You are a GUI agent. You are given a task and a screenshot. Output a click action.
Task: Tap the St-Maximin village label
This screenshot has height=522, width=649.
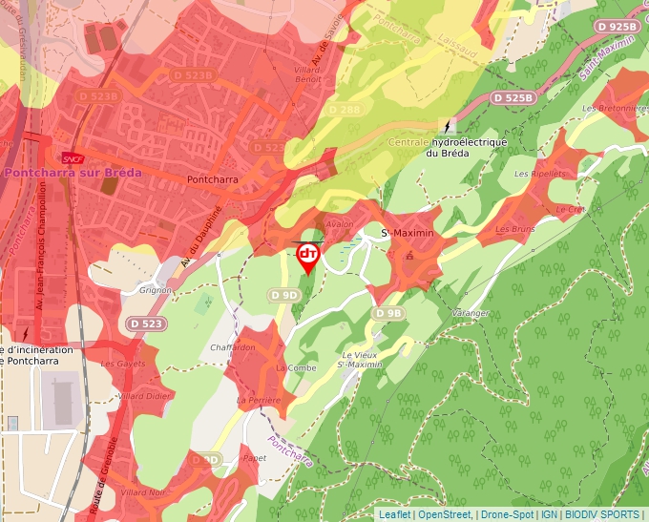(408, 234)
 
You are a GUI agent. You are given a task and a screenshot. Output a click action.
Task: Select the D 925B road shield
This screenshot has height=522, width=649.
(616, 27)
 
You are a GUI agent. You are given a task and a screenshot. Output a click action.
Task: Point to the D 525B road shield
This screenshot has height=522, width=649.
(513, 98)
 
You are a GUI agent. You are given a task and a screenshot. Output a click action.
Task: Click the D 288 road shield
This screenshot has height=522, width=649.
(345, 111)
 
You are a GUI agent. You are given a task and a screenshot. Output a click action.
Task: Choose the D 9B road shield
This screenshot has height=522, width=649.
(389, 313)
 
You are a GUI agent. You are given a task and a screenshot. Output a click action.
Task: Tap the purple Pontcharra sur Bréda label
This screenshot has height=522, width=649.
(73, 173)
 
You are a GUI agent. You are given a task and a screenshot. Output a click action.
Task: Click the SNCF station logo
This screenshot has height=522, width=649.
(71, 159)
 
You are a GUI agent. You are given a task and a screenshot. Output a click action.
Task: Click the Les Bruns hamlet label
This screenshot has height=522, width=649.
(514, 230)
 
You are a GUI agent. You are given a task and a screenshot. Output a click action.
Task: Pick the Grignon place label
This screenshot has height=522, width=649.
(156, 289)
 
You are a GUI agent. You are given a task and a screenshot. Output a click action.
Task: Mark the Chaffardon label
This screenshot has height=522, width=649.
(234, 347)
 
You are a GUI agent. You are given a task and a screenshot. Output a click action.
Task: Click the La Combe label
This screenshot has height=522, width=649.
(295, 367)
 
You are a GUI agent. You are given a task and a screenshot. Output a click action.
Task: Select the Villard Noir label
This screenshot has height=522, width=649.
(145, 492)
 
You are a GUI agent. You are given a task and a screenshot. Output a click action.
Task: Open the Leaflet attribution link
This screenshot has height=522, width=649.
(394, 514)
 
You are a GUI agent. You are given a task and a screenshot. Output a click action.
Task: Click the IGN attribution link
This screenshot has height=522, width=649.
(549, 514)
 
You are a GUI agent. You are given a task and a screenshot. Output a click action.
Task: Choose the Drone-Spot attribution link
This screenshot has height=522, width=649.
(507, 514)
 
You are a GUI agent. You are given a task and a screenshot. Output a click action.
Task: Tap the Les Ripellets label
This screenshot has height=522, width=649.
(534, 174)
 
